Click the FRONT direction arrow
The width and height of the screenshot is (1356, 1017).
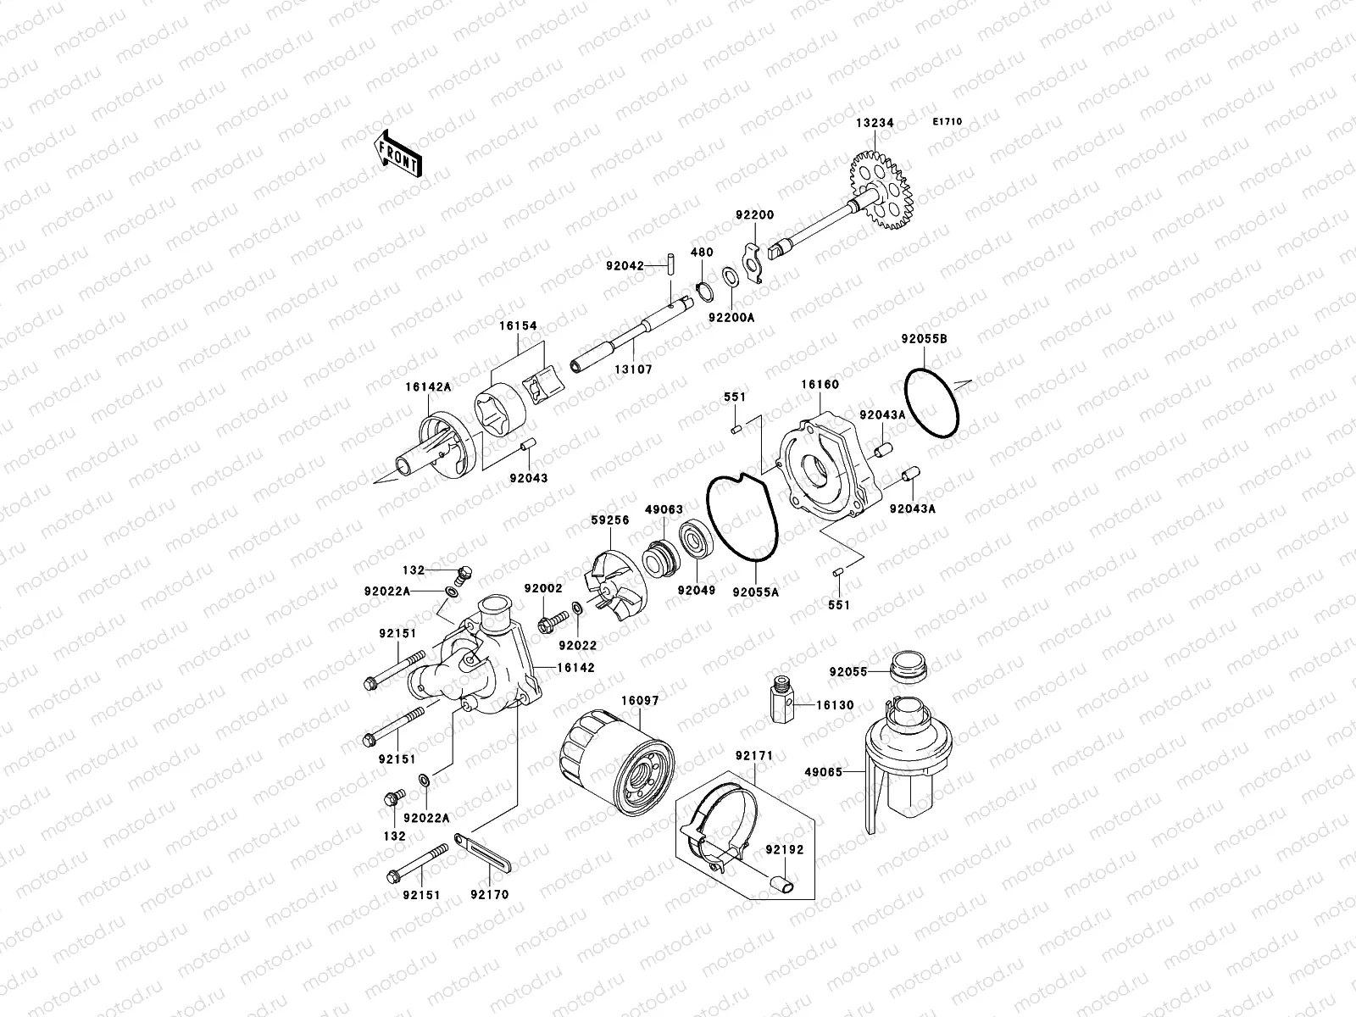pos(410,153)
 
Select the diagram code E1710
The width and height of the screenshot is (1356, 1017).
pos(948,122)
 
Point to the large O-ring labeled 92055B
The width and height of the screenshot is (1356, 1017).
pos(932,403)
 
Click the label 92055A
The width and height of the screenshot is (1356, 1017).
pos(755,592)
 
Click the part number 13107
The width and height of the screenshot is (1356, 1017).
pos(634,370)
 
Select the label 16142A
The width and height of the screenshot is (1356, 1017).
pos(428,386)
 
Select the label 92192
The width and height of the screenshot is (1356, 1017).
pos(785,848)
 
